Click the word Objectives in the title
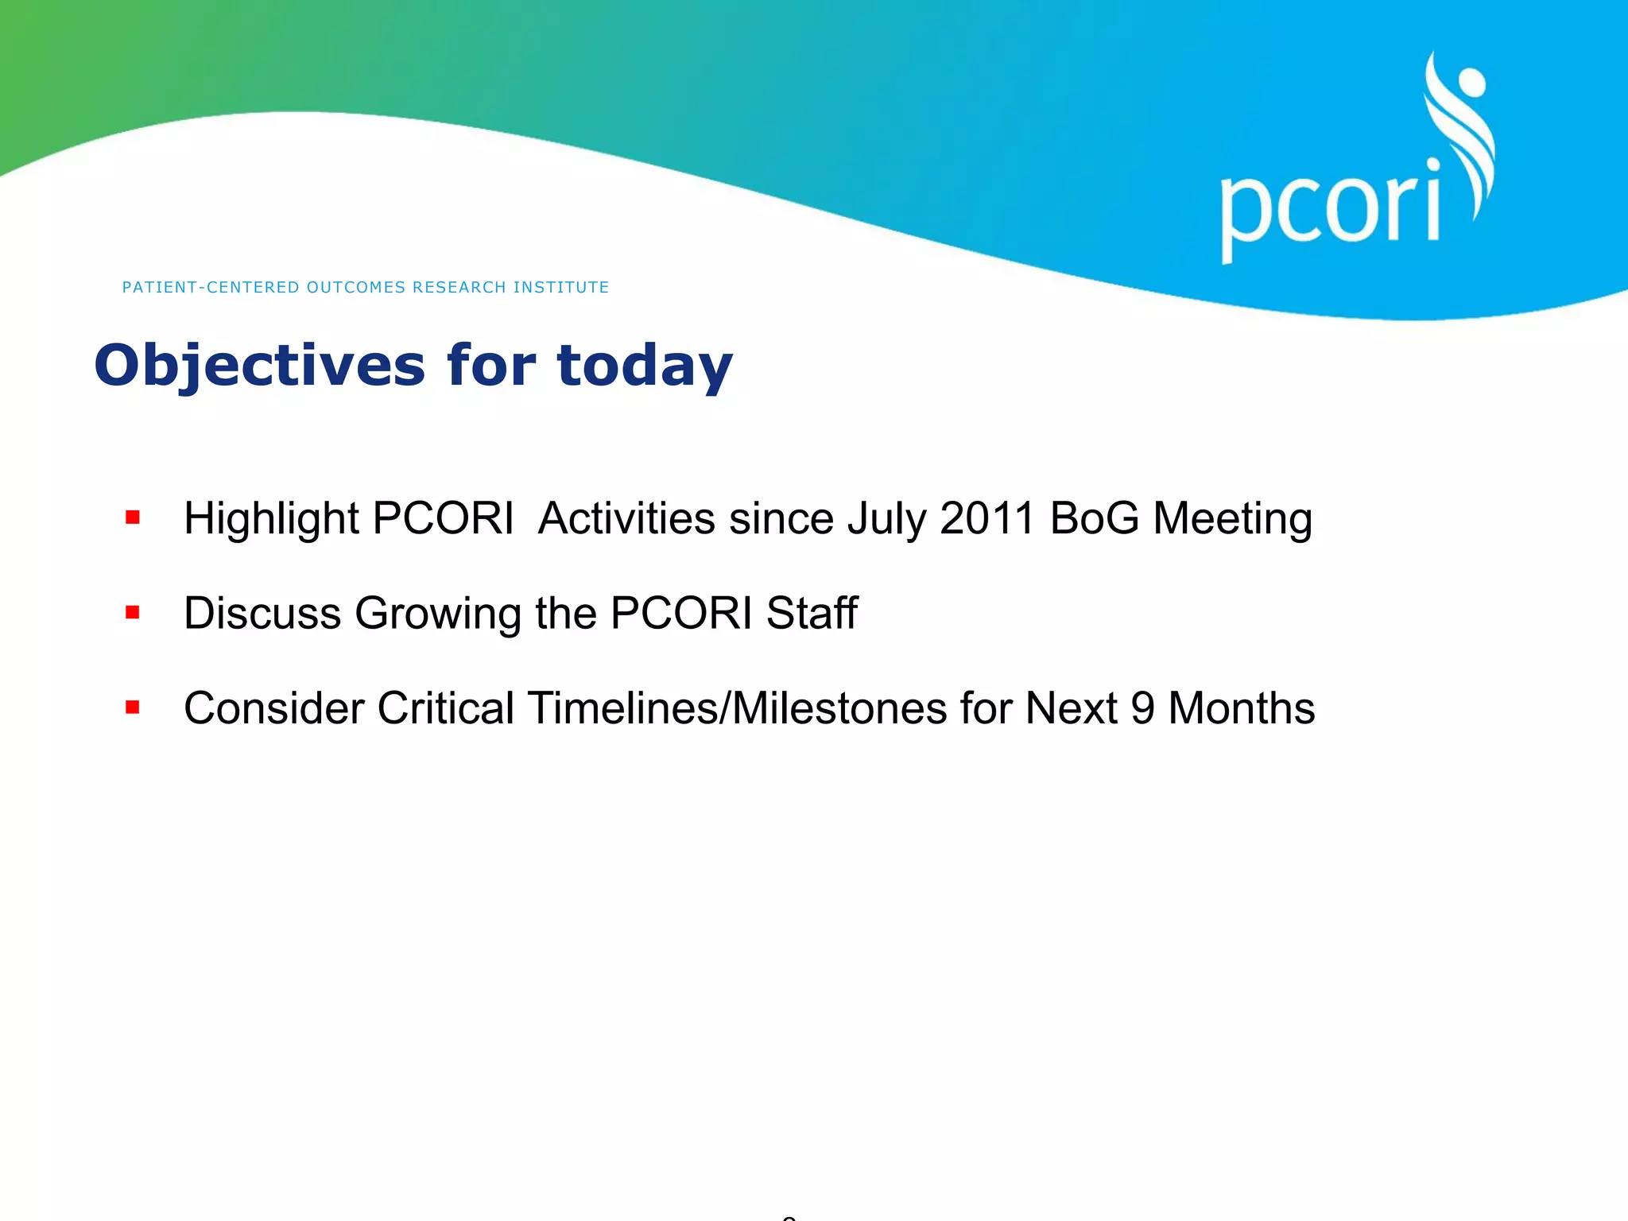click(x=259, y=366)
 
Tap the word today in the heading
click(x=644, y=366)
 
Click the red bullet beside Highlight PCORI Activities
click(x=133, y=518)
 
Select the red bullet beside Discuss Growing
click(x=133, y=613)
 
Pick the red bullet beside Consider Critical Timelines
click(x=133, y=707)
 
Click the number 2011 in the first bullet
click(x=987, y=518)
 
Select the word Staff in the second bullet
click(x=812, y=613)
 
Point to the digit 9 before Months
click(x=1142, y=708)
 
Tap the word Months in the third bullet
click(x=1241, y=708)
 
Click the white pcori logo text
click(x=1329, y=208)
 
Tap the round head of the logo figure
click(x=1471, y=83)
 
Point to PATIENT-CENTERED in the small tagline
click(x=211, y=287)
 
